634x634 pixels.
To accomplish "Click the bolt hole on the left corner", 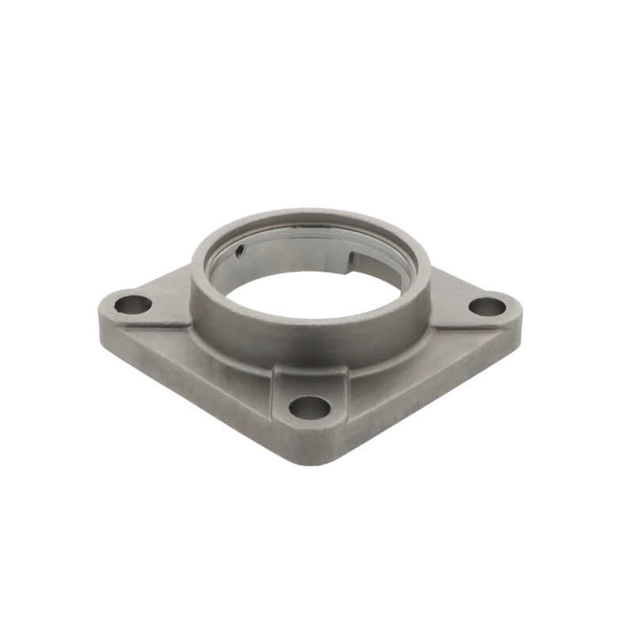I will pyautogui.click(x=132, y=304).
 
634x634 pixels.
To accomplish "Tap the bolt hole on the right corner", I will pyautogui.click(x=486, y=306).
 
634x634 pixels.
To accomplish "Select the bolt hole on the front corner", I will pyautogui.click(x=309, y=407).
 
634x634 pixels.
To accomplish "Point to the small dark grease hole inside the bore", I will pyautogui.click(x=240, y=252).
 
